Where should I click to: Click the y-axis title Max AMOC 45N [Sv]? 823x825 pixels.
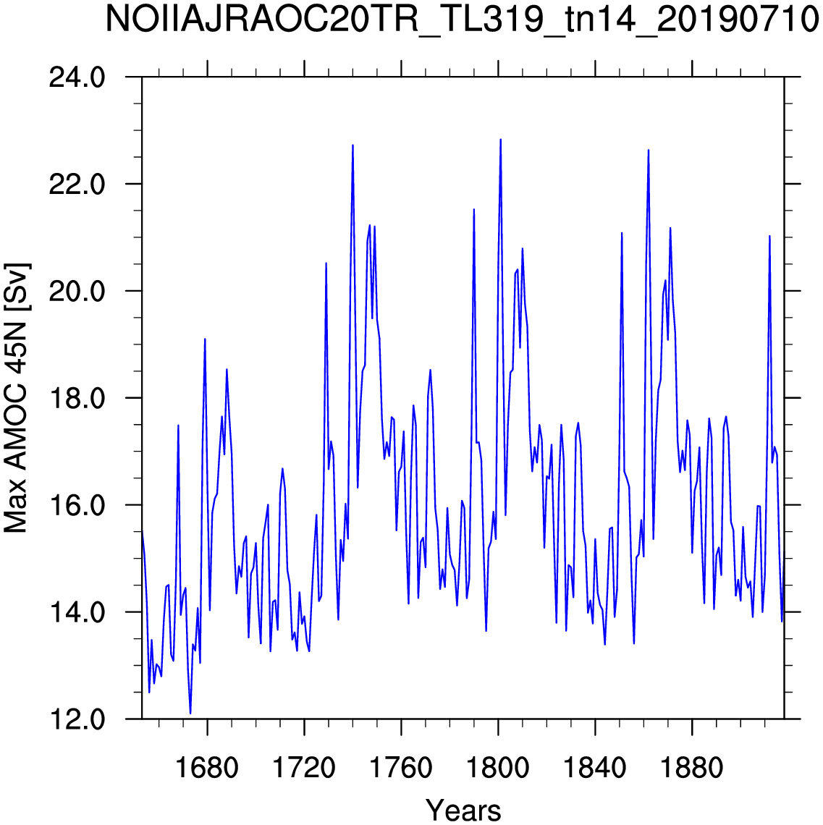[x=16, y=398]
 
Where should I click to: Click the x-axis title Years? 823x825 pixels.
[x=463, y=809]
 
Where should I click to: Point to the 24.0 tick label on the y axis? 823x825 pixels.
[x=77, y=78]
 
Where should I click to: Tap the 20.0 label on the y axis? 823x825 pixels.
[x=77, y=292]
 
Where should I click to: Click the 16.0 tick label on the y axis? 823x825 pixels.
[x=77, y=505]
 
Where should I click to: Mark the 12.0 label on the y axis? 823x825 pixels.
[x=77, y=719]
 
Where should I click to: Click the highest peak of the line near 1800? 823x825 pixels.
[x=500, y=140]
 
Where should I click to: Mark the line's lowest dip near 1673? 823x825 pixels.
[x=190, y=714]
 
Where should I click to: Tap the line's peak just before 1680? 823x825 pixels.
[x=205, y=339]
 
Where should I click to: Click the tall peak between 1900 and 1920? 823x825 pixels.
[x=769, y=236]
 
